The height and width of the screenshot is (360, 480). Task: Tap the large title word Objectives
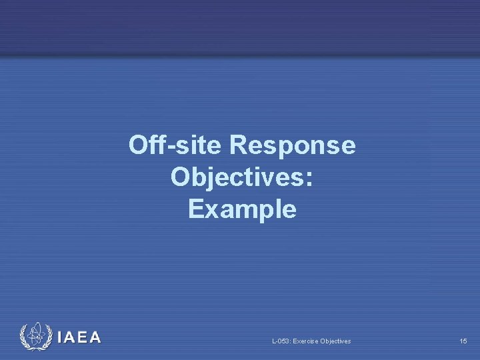tap(235, 177)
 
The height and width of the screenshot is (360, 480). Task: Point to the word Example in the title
tap(242, 209)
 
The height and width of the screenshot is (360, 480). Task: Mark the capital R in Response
tap(239, 145)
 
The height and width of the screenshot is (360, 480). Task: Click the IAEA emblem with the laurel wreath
tap(35, 337)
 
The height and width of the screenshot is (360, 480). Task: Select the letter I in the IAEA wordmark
tap(61, 337)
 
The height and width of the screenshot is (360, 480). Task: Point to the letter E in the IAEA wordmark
tap(83, 337)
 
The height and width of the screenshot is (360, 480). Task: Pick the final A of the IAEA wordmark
tap(95, 337)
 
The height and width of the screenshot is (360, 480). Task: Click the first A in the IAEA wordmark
tap(70, 337)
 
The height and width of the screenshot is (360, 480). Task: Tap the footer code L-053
tap(281, 341)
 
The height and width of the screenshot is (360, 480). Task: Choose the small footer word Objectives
tap(336, 341)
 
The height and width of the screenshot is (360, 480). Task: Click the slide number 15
tap(463, 341)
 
